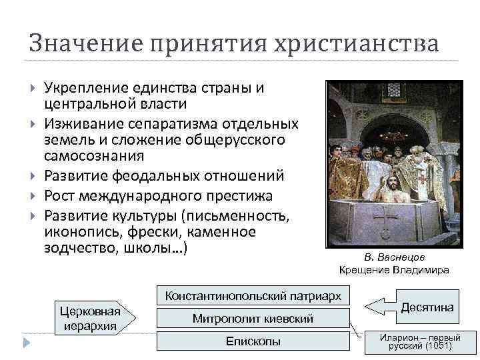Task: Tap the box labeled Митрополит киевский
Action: pyautogui.click(x=253, y=319)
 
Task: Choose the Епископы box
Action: pyautogui.click(x=253, y=342)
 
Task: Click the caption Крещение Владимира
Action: pyautogui.click(x=394, y=270)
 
